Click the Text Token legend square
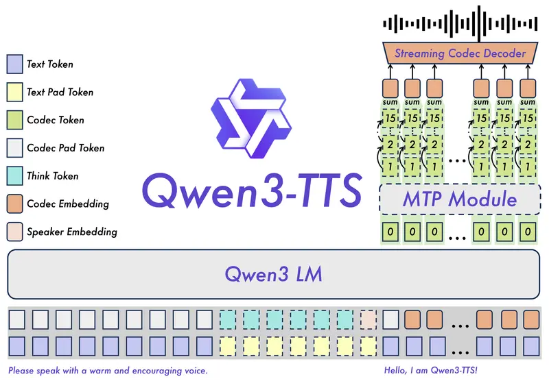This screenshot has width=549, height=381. (14, 64)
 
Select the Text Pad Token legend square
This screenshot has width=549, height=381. (14, 93)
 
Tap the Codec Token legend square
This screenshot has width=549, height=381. (14, 120)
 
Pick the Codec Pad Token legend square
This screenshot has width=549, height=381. (14, 148)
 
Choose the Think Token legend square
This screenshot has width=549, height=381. (14, 176)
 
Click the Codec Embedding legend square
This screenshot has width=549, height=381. (14, 204)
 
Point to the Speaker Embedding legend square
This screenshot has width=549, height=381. (14, 232)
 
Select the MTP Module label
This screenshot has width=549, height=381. (458, 200)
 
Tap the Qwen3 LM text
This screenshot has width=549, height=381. (274, 275)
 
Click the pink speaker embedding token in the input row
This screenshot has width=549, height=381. (369, 319)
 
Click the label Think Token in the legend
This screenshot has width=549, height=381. (52, 176)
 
